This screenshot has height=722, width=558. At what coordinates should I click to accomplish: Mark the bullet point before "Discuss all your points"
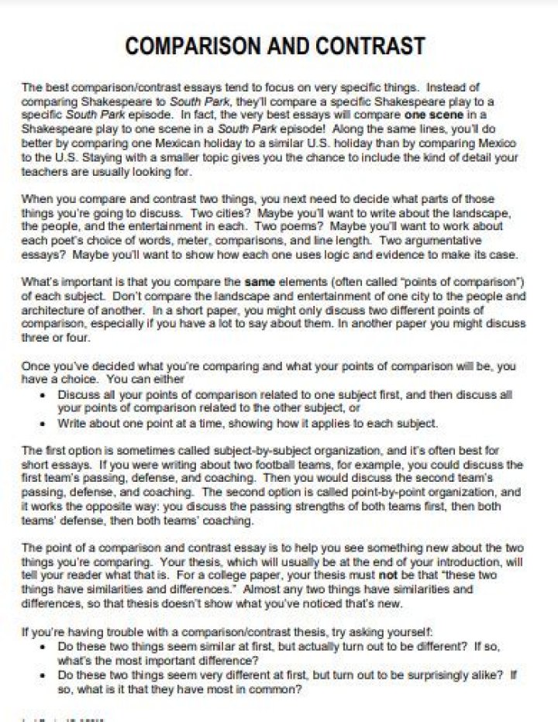coord(41,394)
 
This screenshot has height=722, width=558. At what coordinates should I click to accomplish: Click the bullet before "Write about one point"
coord(41,424)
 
